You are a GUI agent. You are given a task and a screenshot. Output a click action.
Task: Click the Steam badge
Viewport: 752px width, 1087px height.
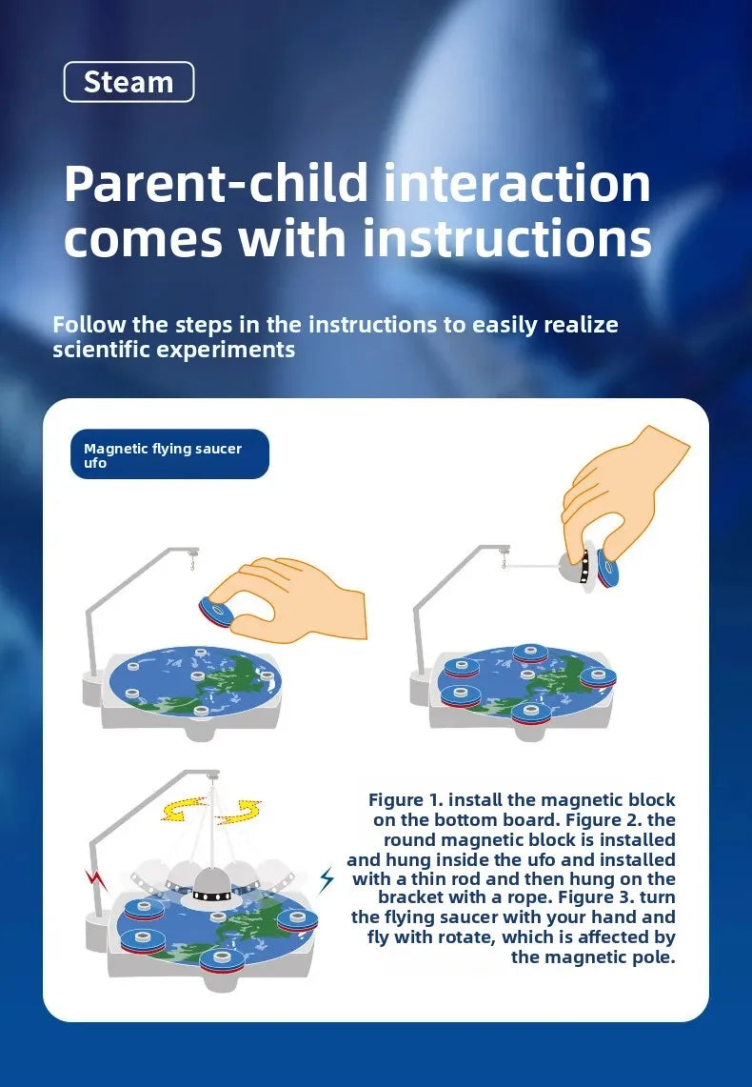click(129, 82)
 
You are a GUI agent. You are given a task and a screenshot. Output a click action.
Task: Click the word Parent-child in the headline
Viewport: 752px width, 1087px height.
click(216, 184)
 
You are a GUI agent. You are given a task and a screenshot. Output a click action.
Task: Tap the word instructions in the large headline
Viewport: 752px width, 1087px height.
click(506, 237)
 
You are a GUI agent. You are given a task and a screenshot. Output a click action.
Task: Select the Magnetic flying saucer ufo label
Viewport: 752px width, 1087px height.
click(169, 454)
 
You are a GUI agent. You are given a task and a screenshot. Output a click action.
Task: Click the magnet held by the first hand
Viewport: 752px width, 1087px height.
click(217, 611)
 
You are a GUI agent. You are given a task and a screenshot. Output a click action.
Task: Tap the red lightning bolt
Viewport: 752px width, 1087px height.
click(97, 880)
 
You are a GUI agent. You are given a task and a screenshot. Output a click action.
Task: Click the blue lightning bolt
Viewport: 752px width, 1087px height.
click(327, 879)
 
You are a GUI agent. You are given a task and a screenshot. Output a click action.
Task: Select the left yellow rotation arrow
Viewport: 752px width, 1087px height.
click(184, 809)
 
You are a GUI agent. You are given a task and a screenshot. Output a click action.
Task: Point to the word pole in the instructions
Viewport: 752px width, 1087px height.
click(654, 958)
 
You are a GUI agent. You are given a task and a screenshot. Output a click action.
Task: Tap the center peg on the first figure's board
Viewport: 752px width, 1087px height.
click(197, 675)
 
